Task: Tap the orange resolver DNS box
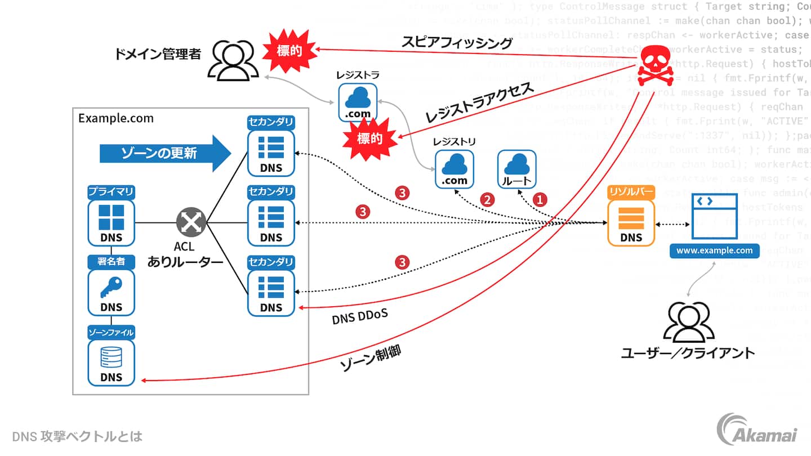click(631, 222)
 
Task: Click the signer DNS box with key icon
click(111, 292)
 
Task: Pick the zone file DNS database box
click(111, 362)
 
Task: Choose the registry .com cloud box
click(454, 169)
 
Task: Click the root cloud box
click(516, 169)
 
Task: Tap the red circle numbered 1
click(540, 199)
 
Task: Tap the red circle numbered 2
click(487, 199)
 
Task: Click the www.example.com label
click(714, 251)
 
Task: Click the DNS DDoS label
click(359, 318)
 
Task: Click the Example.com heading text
click(115, 119)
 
